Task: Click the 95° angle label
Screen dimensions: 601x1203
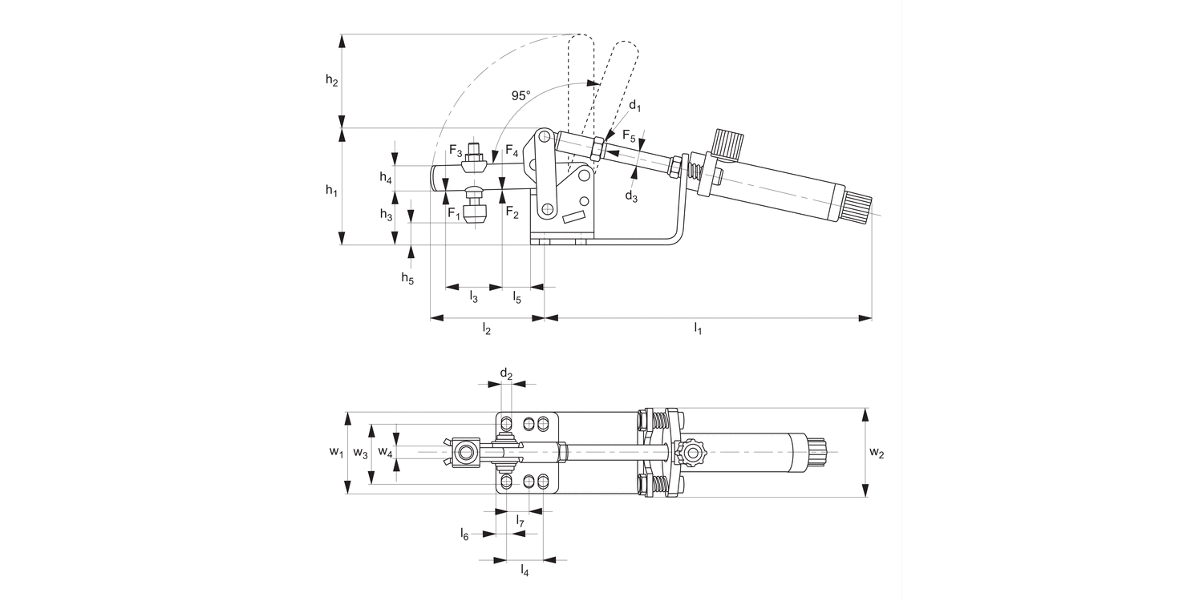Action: [521, 95]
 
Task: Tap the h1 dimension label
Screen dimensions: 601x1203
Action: [331, 190]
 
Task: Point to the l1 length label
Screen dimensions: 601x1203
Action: [698, 329]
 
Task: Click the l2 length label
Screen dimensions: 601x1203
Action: [486, 329]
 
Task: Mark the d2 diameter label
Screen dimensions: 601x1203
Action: [506, 373]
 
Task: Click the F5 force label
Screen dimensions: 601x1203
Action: [629, 135]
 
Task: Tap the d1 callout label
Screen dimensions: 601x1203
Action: [634, 105]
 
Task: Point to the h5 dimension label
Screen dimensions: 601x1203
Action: [408, 278]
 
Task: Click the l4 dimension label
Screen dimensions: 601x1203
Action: [525, 570]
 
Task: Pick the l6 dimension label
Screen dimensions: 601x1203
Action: [464, 533]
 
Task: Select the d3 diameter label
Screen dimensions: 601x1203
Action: [631, 196]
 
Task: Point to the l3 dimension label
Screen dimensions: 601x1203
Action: [473, 298]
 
